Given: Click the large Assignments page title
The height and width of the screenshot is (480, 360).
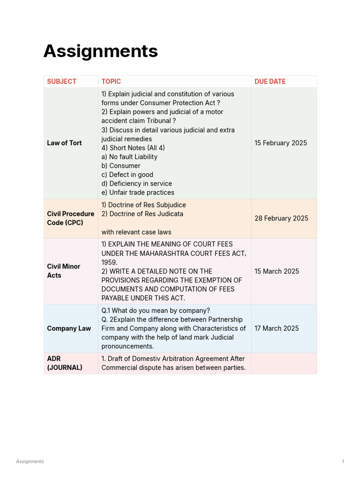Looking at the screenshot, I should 100,51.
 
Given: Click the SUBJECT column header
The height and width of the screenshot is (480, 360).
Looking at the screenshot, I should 61,82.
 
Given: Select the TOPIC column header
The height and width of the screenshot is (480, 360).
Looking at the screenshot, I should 111,82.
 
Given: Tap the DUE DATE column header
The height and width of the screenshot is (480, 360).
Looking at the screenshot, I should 270,82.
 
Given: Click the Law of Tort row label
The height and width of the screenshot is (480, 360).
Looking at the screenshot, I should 64,143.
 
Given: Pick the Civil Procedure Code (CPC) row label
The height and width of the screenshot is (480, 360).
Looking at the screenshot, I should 70,218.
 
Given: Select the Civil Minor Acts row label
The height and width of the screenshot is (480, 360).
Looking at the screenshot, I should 63,271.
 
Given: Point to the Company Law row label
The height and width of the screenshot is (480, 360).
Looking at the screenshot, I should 69,329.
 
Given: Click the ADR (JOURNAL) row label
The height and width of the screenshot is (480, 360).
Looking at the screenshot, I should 64,363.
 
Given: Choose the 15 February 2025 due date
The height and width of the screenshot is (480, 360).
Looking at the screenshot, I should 281,143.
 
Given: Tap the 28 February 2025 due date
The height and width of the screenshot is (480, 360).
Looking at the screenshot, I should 281,218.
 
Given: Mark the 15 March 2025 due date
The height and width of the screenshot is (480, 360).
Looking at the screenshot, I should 277,271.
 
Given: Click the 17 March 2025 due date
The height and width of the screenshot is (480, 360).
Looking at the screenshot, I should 277,329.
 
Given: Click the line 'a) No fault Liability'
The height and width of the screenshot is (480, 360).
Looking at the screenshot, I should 129,157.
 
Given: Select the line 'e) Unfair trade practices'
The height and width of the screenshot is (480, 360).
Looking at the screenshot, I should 138,193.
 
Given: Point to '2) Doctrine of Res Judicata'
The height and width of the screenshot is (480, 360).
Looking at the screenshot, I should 142,214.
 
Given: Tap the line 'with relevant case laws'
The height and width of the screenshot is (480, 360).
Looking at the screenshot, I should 136,232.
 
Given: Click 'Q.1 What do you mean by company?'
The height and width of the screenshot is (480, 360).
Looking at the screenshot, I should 156,311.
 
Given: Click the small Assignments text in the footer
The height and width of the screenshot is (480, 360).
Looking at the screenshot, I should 30,462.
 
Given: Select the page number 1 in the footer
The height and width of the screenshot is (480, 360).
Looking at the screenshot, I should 343,462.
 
